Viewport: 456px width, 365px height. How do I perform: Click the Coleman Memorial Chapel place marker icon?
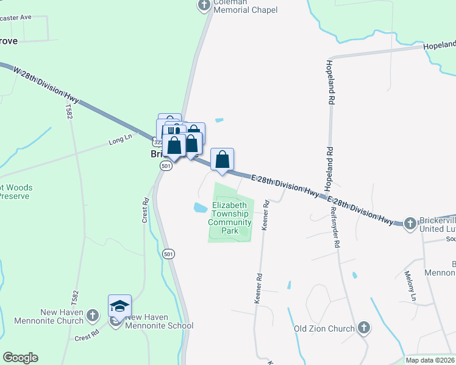(x=204, y=5)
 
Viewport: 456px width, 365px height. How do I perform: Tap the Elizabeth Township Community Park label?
(x=230, y=218)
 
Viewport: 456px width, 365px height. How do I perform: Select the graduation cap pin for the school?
(x=119, y=305)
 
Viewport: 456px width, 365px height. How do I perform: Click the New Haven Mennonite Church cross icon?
(x=92, y=315)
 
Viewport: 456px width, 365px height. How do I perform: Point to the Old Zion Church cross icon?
(x=364, y=328)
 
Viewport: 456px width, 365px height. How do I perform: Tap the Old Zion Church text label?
(x=324, y=329)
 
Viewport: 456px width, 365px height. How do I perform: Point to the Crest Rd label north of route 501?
(x=146, y=210)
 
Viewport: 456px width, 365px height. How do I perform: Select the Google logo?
(x=20, y=358)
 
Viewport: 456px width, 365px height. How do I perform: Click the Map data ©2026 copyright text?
(x=430, y=360)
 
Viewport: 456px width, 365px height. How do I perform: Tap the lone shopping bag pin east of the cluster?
(x=223, y=159)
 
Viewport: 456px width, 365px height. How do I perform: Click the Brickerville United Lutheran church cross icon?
(x=410, y=223)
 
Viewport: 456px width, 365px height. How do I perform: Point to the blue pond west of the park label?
(x=200, y=207)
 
